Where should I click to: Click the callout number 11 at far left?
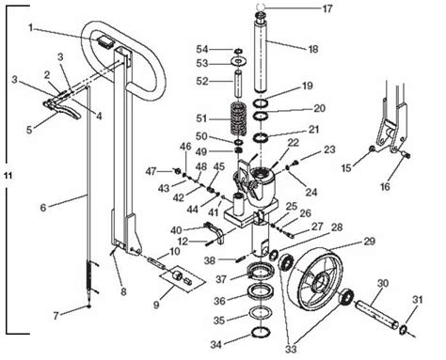click(8, 176)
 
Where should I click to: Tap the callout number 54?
click(215, 48)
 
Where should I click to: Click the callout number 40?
click(176, 229)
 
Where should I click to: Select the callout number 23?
click(328, 149)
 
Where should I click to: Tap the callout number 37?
click(219, 278)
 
